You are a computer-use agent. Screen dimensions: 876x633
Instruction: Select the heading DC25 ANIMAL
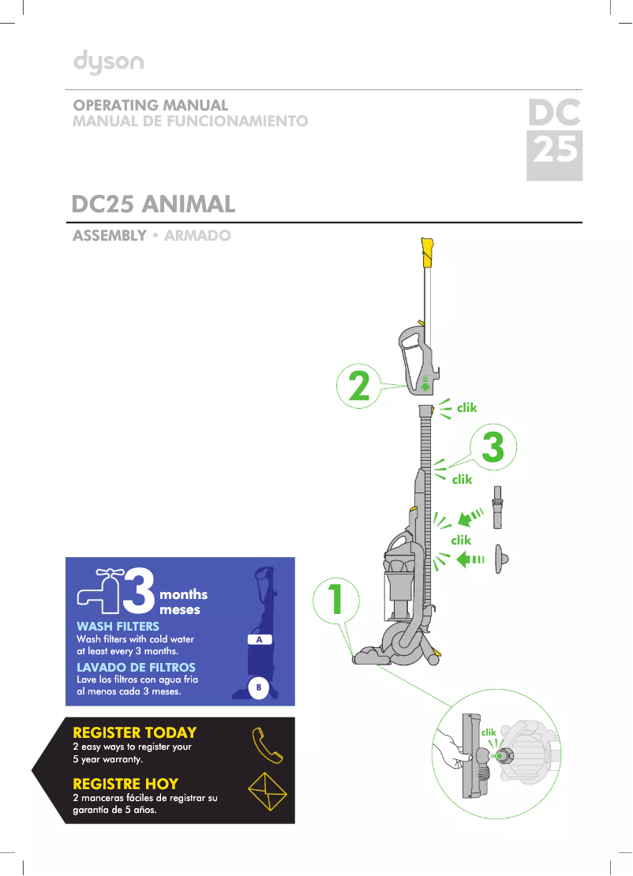(x=154, y=204)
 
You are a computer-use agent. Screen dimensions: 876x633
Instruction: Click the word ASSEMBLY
(x=110, y=236)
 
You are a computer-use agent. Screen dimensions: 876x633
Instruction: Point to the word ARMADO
(x=197, y=236)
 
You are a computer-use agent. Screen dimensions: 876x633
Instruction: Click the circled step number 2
(x=359, y=387)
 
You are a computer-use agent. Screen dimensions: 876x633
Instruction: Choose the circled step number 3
(x=493, y=448)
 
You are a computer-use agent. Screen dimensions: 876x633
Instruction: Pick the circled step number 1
(x=335, y=601)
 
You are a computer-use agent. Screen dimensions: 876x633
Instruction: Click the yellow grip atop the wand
(x=428, y=250)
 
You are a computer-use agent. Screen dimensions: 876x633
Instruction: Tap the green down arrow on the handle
(x=425, y=384)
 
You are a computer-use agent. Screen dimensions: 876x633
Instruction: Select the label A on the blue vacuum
(x=259, y=639)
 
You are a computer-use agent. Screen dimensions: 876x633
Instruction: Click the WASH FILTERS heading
(x=118, y=627)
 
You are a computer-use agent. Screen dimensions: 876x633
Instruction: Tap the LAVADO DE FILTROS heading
(x=136, y=668)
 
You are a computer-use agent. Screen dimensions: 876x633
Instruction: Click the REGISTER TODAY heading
(x=134, y=733)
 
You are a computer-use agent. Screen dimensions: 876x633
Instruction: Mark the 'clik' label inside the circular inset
(x=489, y=733)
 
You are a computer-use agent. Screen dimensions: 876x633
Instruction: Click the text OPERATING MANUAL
(x=151, y=106)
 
